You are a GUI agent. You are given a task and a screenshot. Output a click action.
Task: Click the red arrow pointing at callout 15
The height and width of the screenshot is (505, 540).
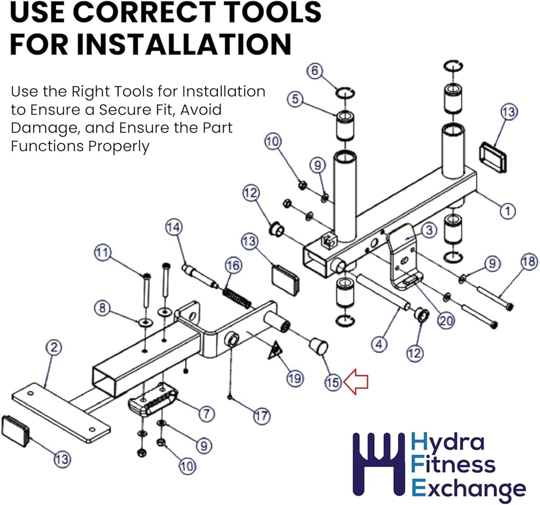pos(356,381)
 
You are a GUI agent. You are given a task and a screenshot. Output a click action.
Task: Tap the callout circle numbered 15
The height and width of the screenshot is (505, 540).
pos(333,383)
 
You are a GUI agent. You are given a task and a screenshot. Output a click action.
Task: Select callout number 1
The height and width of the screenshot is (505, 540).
pos(507,210)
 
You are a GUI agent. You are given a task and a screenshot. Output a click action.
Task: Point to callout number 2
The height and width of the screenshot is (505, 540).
pos(54,347)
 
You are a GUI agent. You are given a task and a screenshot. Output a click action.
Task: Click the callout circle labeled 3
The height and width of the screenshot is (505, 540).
pos(429,230)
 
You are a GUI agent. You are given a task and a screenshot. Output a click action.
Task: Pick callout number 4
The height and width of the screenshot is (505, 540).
pos(379,344)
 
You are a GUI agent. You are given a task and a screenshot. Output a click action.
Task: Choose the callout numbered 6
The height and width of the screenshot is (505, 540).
pos(315,71)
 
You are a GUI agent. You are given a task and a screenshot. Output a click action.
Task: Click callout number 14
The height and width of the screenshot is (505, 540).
pos(174,227)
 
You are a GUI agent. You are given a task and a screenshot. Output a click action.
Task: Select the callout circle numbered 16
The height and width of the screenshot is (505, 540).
pos(233,265)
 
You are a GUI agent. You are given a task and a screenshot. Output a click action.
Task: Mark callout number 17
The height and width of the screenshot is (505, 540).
pos(262,416)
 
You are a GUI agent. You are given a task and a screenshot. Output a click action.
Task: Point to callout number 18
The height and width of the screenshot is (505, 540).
pos(529,262)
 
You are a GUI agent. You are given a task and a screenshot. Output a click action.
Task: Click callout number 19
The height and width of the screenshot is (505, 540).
pos(295,378)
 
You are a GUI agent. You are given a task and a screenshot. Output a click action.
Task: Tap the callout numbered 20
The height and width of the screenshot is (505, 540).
pos(446,320)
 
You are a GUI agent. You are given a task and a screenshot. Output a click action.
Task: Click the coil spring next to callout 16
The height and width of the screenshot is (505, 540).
pos(237,298)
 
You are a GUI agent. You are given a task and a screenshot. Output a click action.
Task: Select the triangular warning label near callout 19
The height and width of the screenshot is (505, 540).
pos(275,350)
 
